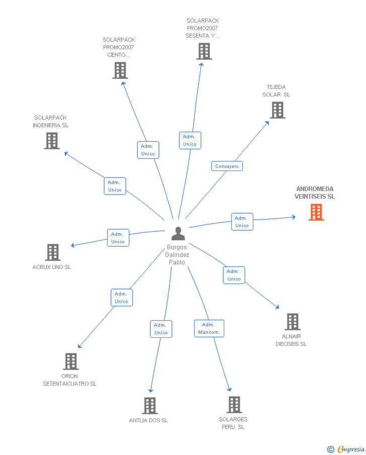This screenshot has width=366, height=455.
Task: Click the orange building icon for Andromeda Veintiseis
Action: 316,212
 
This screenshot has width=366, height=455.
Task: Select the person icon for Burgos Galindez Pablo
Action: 178,234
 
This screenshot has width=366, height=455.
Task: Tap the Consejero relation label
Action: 227,166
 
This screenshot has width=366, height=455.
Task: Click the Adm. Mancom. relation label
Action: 209,328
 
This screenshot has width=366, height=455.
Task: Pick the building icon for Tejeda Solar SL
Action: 277,110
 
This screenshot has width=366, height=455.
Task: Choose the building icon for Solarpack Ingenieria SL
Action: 52,141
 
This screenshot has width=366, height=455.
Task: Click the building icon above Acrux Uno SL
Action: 52,252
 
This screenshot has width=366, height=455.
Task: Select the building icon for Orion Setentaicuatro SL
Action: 71,361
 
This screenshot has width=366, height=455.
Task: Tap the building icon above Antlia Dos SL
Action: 149,406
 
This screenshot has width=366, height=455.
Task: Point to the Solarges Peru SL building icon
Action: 234,405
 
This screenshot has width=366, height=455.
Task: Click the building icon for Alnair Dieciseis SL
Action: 292,322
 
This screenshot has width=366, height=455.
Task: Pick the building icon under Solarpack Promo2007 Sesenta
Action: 204,51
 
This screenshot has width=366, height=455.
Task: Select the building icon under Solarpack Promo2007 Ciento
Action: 120,70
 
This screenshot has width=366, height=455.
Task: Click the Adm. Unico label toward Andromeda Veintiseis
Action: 242,222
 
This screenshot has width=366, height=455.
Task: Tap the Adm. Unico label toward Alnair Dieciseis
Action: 234,275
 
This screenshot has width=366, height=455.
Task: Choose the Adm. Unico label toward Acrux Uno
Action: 118,238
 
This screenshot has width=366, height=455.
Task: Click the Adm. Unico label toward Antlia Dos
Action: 161,329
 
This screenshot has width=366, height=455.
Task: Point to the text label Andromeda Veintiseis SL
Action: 315,193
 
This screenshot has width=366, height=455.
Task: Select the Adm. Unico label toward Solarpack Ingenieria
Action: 115,186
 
